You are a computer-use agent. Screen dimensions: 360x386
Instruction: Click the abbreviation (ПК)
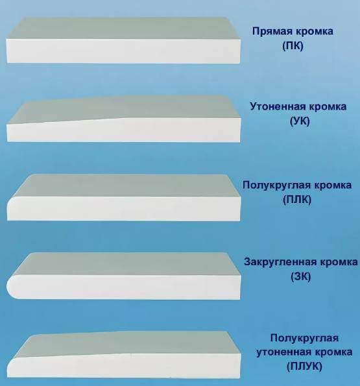293,46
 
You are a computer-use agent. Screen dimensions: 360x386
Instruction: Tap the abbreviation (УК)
300,121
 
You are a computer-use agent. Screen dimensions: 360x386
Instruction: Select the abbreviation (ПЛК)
297,199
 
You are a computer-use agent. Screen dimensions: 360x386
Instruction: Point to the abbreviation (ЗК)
301,276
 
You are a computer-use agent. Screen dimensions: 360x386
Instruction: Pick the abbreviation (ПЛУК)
304,366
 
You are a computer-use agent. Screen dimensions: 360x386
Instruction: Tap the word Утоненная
276,106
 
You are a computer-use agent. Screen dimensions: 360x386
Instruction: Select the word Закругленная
281,262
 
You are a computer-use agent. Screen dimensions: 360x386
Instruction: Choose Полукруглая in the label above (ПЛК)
277,185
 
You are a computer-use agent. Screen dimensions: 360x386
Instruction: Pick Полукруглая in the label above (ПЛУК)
304,338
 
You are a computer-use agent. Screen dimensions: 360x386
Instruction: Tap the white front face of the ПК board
123,51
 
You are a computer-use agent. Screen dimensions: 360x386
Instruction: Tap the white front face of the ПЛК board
124,208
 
